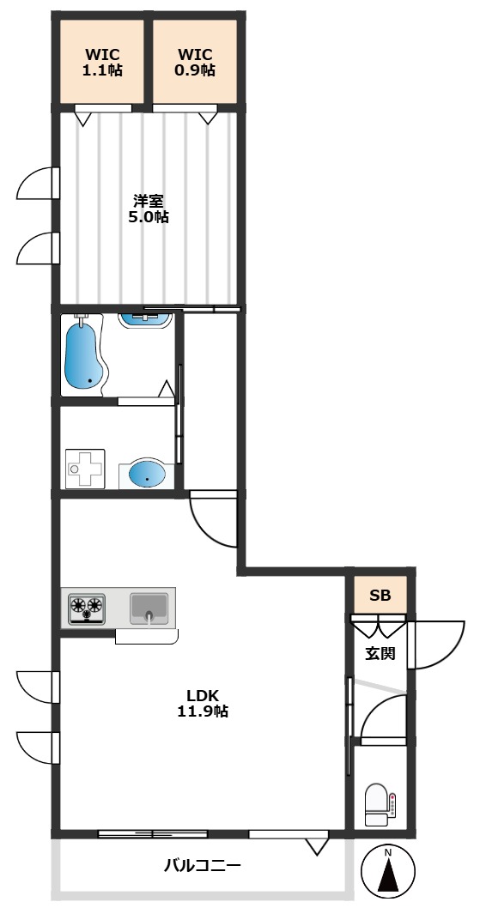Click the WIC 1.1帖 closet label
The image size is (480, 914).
(103, 63)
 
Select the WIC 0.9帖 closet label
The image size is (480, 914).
(196, 63)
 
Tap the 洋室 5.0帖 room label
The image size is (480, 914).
(149, 209)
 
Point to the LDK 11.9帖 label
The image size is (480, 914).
(203, 703)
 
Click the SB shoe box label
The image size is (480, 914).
(380, 595)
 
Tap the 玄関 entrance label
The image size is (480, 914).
(380, 653)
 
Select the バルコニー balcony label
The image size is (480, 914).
(202, 865)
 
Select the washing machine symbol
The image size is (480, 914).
(85, 468)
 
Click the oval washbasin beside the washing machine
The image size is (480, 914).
(146, 474)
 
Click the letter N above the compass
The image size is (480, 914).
(388, 853)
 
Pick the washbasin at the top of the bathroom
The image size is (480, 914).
(144, 320)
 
